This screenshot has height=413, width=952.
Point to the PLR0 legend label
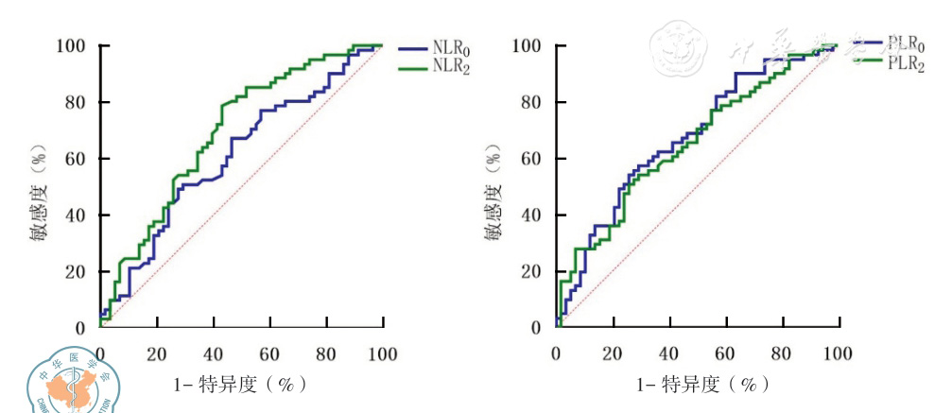905,43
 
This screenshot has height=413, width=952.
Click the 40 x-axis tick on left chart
214,353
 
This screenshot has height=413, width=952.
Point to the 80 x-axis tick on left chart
326,353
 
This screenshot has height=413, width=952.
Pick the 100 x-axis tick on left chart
382,353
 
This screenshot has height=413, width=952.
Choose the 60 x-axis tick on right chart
726,353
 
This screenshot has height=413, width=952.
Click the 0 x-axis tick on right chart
557,353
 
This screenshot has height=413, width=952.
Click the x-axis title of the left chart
241,385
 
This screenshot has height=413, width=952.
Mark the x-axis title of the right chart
697,385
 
